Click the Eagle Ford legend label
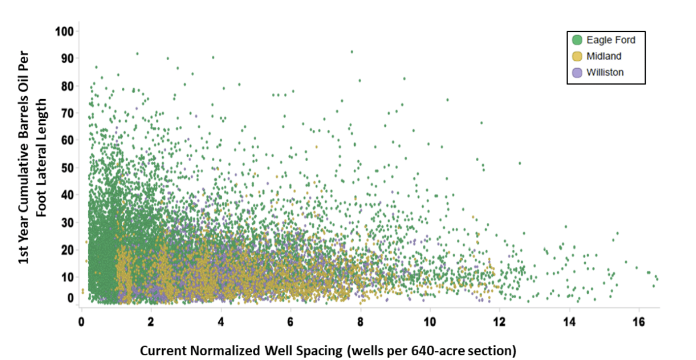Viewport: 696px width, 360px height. click(611, 40)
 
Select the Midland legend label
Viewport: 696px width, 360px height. click(604, 56)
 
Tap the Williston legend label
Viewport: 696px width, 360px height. click(605, 72)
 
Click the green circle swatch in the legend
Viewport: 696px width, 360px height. click(577, 40)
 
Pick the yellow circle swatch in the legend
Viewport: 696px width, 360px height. click(577, 56)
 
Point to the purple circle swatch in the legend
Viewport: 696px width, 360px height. click(577, 72)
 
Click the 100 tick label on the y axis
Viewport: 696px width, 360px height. click(64, 31)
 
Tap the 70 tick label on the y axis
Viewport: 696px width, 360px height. click(67, 113)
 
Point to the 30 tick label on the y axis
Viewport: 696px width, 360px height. click(67, 222)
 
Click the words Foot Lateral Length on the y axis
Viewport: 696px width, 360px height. click(42, 157)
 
